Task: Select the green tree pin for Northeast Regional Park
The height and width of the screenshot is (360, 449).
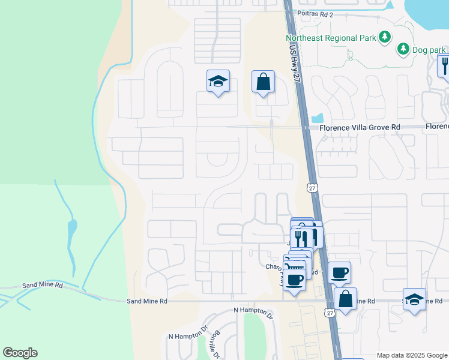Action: point(384,38)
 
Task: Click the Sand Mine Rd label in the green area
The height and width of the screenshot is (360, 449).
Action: point(42,286)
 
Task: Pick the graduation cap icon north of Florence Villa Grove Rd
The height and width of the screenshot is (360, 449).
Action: point(218,82)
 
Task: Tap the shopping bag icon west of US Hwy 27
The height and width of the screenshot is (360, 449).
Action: point(264,82)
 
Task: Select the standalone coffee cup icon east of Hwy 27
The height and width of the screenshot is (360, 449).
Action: point(340,272)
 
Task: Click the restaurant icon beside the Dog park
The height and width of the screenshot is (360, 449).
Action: point(444,64)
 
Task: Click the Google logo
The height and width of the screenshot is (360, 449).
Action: point(20,353)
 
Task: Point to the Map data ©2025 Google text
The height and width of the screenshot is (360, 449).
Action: point(411,355)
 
